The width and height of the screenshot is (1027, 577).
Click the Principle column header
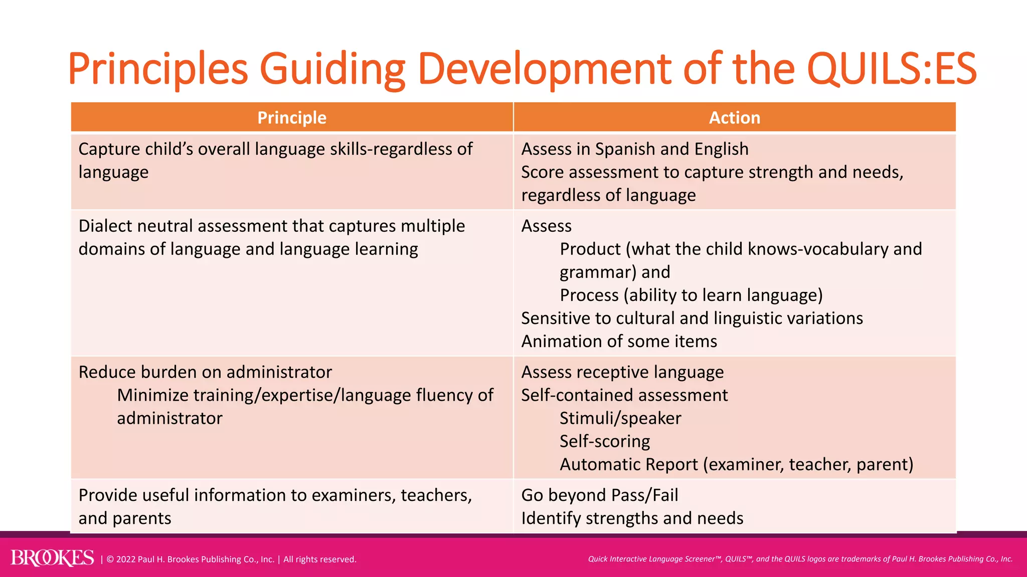tap(292, 118)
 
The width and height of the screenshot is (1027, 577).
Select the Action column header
tap(734, 118)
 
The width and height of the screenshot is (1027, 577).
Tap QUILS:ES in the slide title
tap(892, 69)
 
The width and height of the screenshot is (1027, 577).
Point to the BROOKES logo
tap(52, 558)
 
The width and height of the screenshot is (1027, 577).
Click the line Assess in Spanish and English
tap(634, 149)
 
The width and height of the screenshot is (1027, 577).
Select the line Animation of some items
tap(619, 342)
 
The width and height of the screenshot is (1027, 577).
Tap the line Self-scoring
tap(605, 441)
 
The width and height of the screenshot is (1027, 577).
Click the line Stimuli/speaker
tap(620, 418)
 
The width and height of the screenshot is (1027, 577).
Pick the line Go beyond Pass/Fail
tap(599, 495)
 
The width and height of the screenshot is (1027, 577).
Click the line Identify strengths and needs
tap(632, 518)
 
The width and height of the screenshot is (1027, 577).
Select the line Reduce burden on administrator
tap(205, 372)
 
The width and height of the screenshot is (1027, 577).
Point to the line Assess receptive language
tap(622, 372)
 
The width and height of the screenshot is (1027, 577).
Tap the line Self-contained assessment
tap(624, 395)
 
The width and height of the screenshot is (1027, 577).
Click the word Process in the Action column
tap(589, 296)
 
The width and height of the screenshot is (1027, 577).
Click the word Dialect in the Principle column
tap(105, 226)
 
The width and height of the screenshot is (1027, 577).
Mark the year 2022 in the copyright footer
tap(126, 559)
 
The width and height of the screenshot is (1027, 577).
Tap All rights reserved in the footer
tap(320, 559)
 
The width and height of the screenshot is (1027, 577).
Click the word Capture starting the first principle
tap(109, 149)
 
